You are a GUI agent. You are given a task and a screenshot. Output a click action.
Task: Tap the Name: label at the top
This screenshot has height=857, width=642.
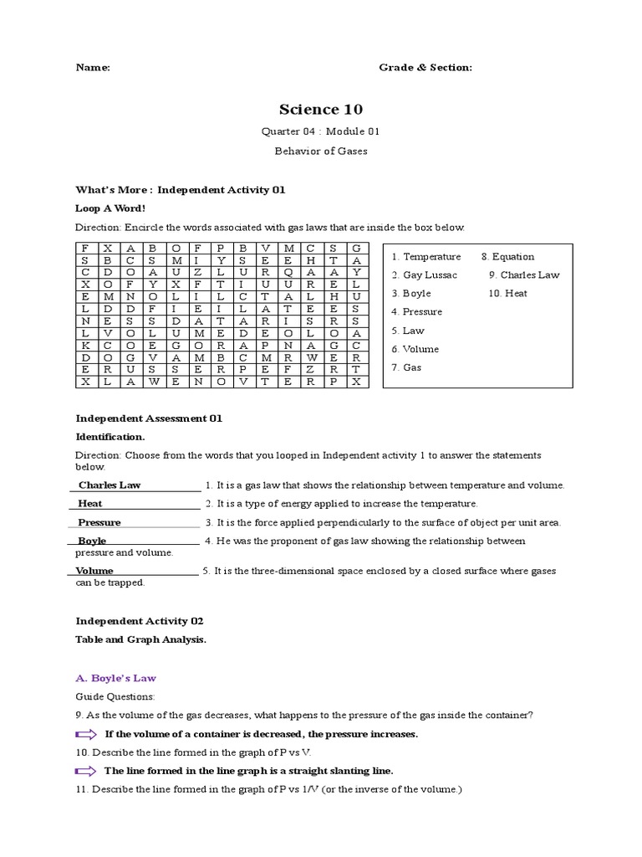coord(93,68)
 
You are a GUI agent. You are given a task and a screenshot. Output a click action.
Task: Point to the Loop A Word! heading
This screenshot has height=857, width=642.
coord(110,208)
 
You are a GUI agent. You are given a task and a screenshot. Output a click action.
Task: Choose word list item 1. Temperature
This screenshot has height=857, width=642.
coord(425,257)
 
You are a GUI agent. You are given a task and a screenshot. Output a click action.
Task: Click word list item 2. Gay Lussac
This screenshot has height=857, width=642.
coord(424,275)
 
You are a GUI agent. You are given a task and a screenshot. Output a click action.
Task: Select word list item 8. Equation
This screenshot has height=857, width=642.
coord(507,257)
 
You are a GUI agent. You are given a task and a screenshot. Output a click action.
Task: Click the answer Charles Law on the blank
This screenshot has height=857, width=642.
coord(110,485)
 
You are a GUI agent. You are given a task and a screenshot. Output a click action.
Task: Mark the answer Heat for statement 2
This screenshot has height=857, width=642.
coord(91,504)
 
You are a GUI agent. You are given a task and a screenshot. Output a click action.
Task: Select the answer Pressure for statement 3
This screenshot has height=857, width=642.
coord(99,522)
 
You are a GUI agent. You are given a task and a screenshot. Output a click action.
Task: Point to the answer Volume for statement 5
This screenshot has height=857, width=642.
coord(94,571)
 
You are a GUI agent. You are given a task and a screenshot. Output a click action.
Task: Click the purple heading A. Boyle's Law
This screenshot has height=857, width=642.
coord(115,679)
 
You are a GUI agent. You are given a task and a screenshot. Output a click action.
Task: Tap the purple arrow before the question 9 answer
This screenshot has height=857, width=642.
coord(86,734)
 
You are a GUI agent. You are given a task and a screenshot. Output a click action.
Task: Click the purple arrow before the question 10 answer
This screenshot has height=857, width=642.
coord(86,771)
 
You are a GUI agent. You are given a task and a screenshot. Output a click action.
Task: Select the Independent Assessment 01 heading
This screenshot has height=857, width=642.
coord(149,418)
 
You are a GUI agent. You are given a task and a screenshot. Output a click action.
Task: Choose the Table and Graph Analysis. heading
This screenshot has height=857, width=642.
coord(140,640)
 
